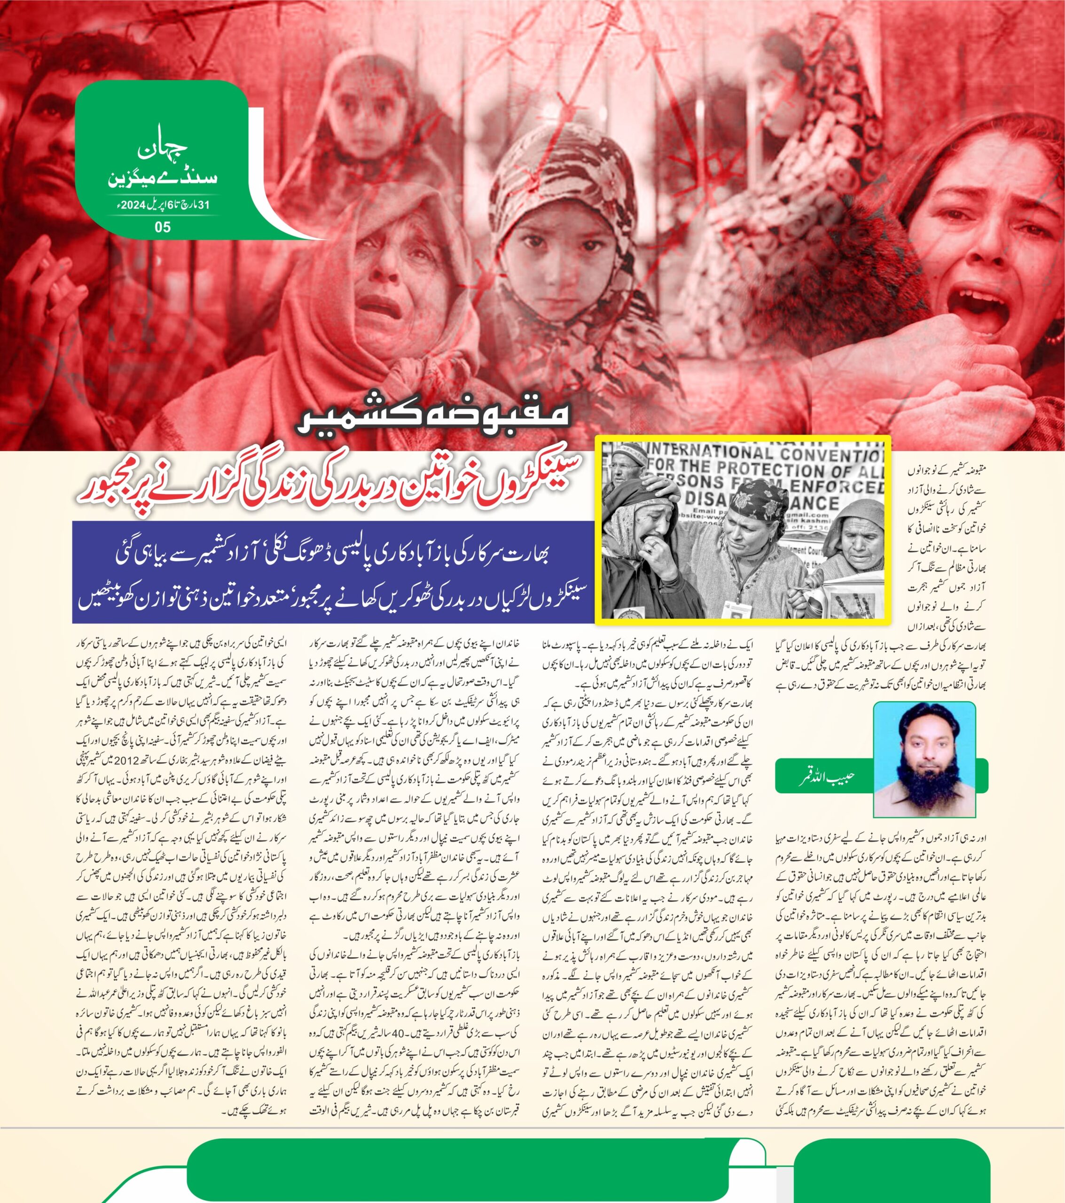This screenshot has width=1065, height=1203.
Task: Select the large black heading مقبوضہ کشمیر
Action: tap(433, 416)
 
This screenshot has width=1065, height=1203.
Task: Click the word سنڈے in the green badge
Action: tap(184, 177)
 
